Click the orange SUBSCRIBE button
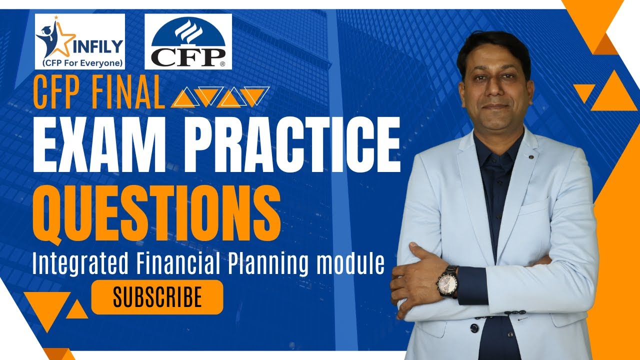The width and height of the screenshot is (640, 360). coord(157,297)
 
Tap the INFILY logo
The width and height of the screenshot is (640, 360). coord(80,41)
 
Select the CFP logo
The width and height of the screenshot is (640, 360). coord(188,41)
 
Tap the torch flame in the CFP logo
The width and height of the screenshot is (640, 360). coord(188,29)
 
